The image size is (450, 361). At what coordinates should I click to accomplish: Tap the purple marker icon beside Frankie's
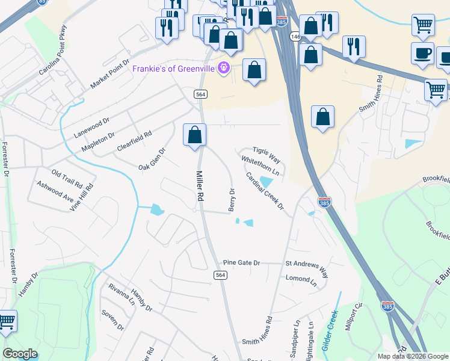point(224,67)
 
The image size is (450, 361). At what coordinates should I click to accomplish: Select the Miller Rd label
point(200,186)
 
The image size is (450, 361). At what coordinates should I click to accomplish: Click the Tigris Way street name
point(267,155)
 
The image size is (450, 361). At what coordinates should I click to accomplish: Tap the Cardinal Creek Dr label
point(265,191)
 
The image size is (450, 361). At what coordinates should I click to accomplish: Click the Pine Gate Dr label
point(241,263)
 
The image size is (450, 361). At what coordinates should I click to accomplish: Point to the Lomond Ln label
point(301,279)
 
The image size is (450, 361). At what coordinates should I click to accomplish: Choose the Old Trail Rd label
point(66,178)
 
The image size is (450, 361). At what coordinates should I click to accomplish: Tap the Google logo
point(20,354)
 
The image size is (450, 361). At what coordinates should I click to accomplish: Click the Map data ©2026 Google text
point(413,356)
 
